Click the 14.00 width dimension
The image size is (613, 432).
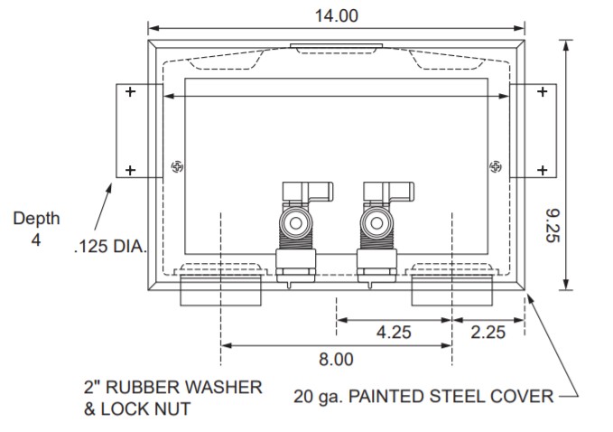point(336,14)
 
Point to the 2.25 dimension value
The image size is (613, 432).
point(488,332)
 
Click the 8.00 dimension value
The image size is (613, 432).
point(336,359)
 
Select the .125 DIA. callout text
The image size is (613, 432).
point(109,245)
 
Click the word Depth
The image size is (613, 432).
point(36,218)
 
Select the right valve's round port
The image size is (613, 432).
point(374,221)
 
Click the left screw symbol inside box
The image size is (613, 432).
point(176,166)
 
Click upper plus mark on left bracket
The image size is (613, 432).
point(130,91)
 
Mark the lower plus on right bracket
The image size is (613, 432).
point(542,169)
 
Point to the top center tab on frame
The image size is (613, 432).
point(336,45)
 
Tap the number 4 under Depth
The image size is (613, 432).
point(36,239)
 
